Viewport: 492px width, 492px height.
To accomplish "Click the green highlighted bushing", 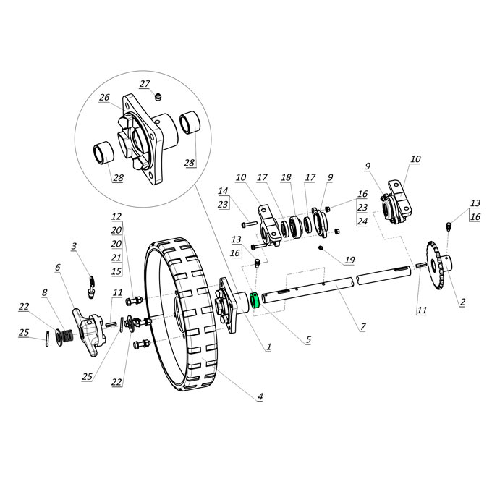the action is [254, 300].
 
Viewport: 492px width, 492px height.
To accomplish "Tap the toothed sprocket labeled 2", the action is [438, 266].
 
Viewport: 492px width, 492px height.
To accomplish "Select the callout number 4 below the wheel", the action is [260, 396].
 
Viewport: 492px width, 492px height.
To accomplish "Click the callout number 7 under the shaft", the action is [362, 327].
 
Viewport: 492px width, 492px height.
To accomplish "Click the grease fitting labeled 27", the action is [159, 96].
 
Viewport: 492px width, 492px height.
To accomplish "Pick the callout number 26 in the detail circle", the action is [104, 98].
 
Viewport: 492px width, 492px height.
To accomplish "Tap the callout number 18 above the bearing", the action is [286, 177].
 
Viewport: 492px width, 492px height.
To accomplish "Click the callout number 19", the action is [349, 260].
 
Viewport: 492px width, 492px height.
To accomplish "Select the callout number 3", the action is [74, 246].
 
